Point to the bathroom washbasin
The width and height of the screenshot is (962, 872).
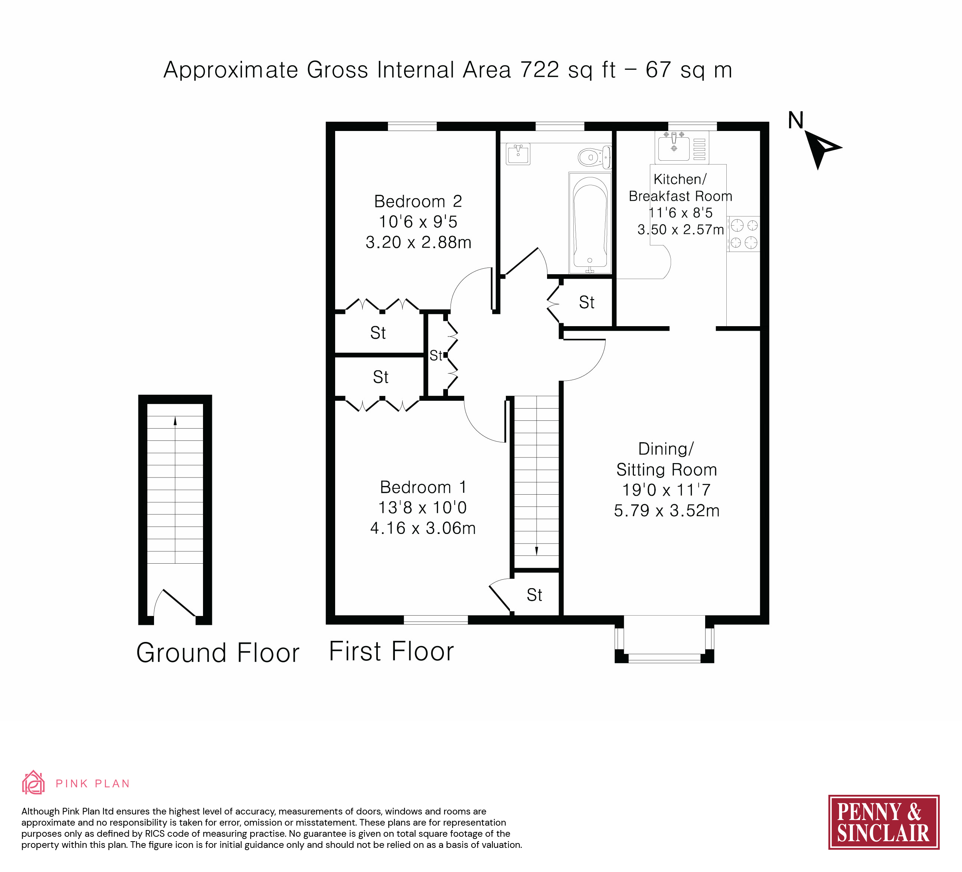coord(518,154)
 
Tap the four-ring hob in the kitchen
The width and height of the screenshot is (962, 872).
coord(743,234)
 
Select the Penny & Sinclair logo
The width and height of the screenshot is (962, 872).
coord(884,822)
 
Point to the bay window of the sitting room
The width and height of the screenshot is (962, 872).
coord(664,639)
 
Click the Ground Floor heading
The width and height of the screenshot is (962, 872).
coord(217,653)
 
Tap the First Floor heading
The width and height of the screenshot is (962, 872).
coord(391,651)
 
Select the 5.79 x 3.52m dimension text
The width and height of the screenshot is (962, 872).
coord(667,511)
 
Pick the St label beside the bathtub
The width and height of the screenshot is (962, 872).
coord(586,302)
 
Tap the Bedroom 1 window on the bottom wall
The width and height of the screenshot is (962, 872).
coord(436,620)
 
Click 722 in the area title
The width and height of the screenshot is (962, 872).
coord(539,70)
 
